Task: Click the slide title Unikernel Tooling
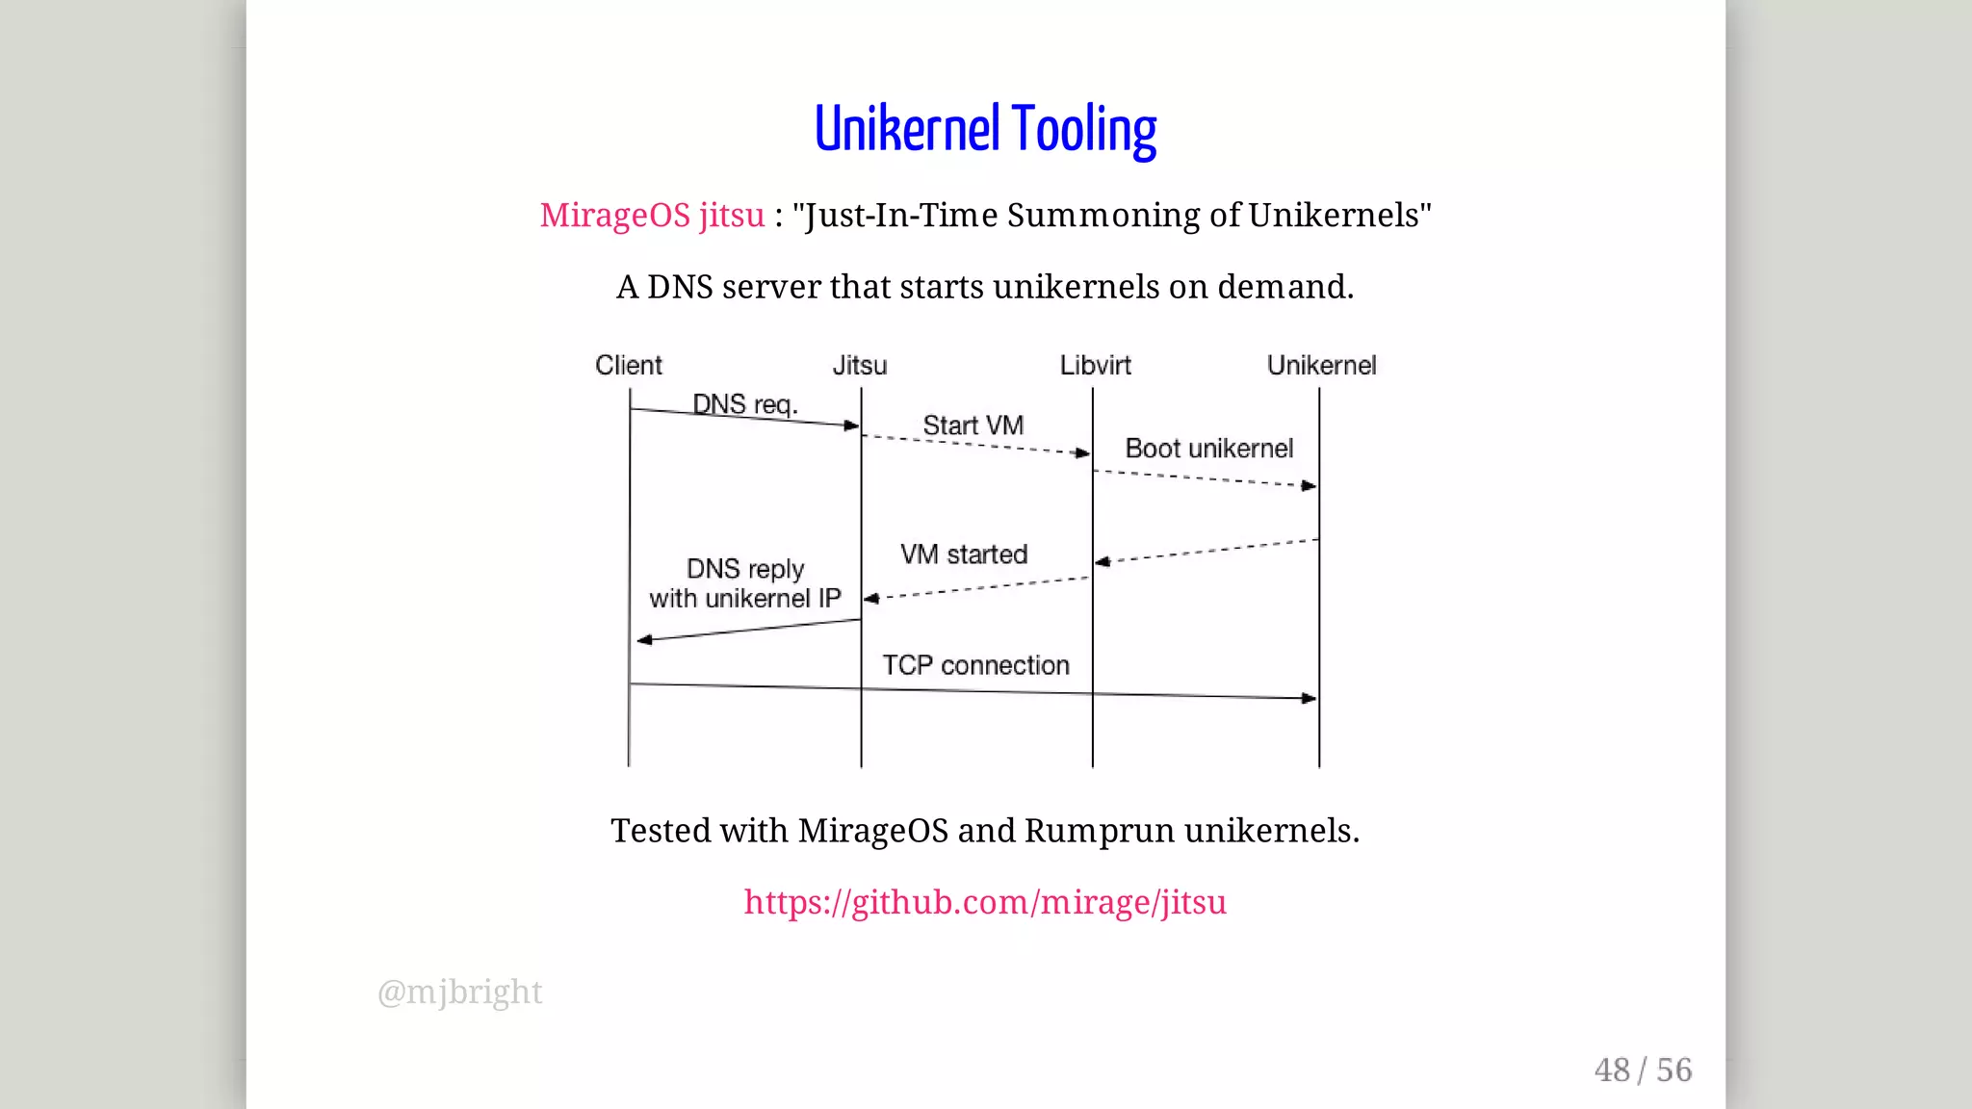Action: [x=985, y=129]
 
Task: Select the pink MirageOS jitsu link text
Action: [x=652, y=215]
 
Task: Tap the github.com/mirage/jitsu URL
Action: [x=985, y=902]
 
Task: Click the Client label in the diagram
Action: [x=628, y=365]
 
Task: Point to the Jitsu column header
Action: [x=859, y=365]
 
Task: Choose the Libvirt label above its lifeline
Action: [x=1095, y=365]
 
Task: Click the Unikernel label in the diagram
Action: [x=1321, y=365]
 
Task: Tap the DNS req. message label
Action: [x=744, y=404]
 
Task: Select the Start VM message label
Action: [x=973, y=425]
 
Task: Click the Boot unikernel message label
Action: [x=1208, y=449]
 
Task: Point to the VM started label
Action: [x=964, y=554]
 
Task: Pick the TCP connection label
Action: [x=975, y=665]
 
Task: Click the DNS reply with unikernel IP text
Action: [x=744, y=583]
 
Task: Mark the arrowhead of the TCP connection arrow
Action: [x=1310, y=698]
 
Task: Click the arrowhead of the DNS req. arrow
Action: [x=851, y=426]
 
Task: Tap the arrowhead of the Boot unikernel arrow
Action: [x=1309, y=486]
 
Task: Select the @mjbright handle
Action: [x=459, y=992]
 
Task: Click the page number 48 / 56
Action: [x=1643, y=1070]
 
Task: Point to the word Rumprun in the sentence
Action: [x=1099, y=830]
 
